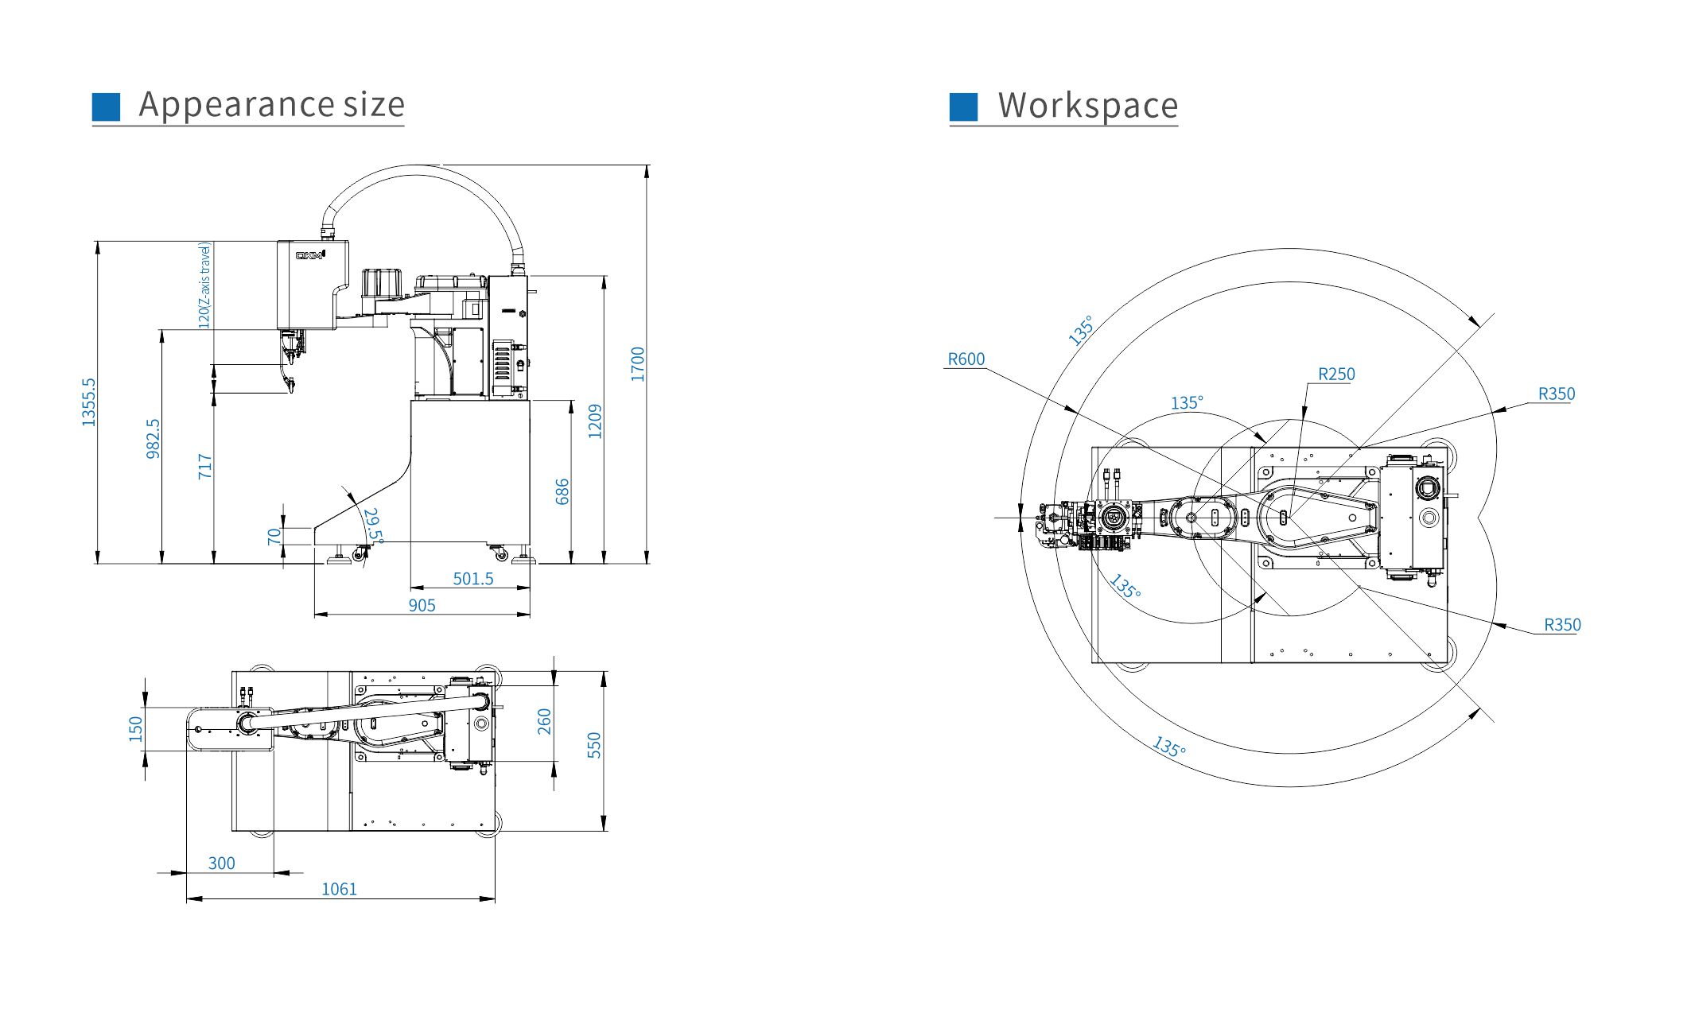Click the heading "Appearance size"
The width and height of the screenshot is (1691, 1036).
click(271, 104)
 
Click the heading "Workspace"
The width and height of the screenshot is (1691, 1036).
click(1087, 106)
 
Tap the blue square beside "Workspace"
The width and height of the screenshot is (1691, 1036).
click(963, 107)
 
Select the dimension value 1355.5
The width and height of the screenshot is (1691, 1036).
click(88, 402)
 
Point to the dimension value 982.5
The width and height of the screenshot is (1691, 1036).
click(153, 439)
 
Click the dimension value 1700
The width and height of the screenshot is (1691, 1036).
click(638, 364)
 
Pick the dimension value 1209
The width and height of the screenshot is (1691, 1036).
click(595, 421)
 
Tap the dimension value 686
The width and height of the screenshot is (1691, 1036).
click(562, 491)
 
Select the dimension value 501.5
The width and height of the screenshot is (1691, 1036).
click(472, 579)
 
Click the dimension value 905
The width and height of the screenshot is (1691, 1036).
click(422, 605)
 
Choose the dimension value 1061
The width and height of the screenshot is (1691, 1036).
click(339, 889)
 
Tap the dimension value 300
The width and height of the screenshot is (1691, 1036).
click(221, 863)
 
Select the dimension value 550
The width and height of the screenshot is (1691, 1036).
click(594, 745)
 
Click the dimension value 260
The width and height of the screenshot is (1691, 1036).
click(544, 722)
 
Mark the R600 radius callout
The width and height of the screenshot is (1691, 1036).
click(966, 359)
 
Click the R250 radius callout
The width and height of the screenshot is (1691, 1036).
click(1335, 374)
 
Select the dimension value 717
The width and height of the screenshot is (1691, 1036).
click(204, 466)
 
